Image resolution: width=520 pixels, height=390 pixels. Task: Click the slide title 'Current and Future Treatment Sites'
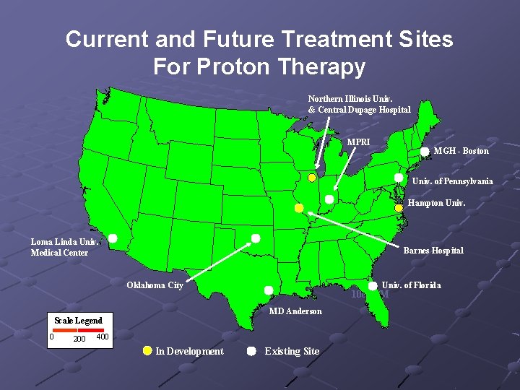(x=259, y=39)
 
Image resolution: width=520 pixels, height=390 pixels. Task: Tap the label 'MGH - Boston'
(x=461, y=151)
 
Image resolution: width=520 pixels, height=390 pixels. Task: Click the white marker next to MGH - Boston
(x=425, y=151)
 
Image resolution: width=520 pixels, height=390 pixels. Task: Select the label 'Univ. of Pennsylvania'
(x=452, y=181)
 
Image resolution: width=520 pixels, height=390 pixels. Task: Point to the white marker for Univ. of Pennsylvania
(x=398, y=178)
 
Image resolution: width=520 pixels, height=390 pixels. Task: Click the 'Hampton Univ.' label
(x=436, y=203)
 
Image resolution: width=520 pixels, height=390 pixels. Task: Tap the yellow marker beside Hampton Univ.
(x=398, y=208)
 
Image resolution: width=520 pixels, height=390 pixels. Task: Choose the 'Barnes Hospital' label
(x=433, y=251)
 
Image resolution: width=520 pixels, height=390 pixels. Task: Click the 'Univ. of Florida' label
(x=411, y=285)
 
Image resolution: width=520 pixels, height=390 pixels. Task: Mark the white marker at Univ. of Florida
(x=373, y=286)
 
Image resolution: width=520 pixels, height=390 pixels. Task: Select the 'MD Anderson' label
(x=295, y=311)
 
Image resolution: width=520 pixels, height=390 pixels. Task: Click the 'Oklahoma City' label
(x=155, y=285)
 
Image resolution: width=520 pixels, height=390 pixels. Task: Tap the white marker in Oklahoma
(x=256, y=238)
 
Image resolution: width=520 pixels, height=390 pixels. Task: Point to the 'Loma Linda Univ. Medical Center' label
(x=64, y=247)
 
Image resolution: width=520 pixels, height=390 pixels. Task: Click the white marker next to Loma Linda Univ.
(x=113, y=238)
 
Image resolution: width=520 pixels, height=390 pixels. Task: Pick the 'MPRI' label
(x=358, y=142)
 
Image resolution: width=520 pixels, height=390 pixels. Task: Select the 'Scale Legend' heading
(x=78, y=320)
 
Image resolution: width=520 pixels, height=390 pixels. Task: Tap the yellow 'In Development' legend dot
(x=147, y=351)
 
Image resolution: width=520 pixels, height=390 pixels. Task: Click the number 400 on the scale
(x=102, y=337)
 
